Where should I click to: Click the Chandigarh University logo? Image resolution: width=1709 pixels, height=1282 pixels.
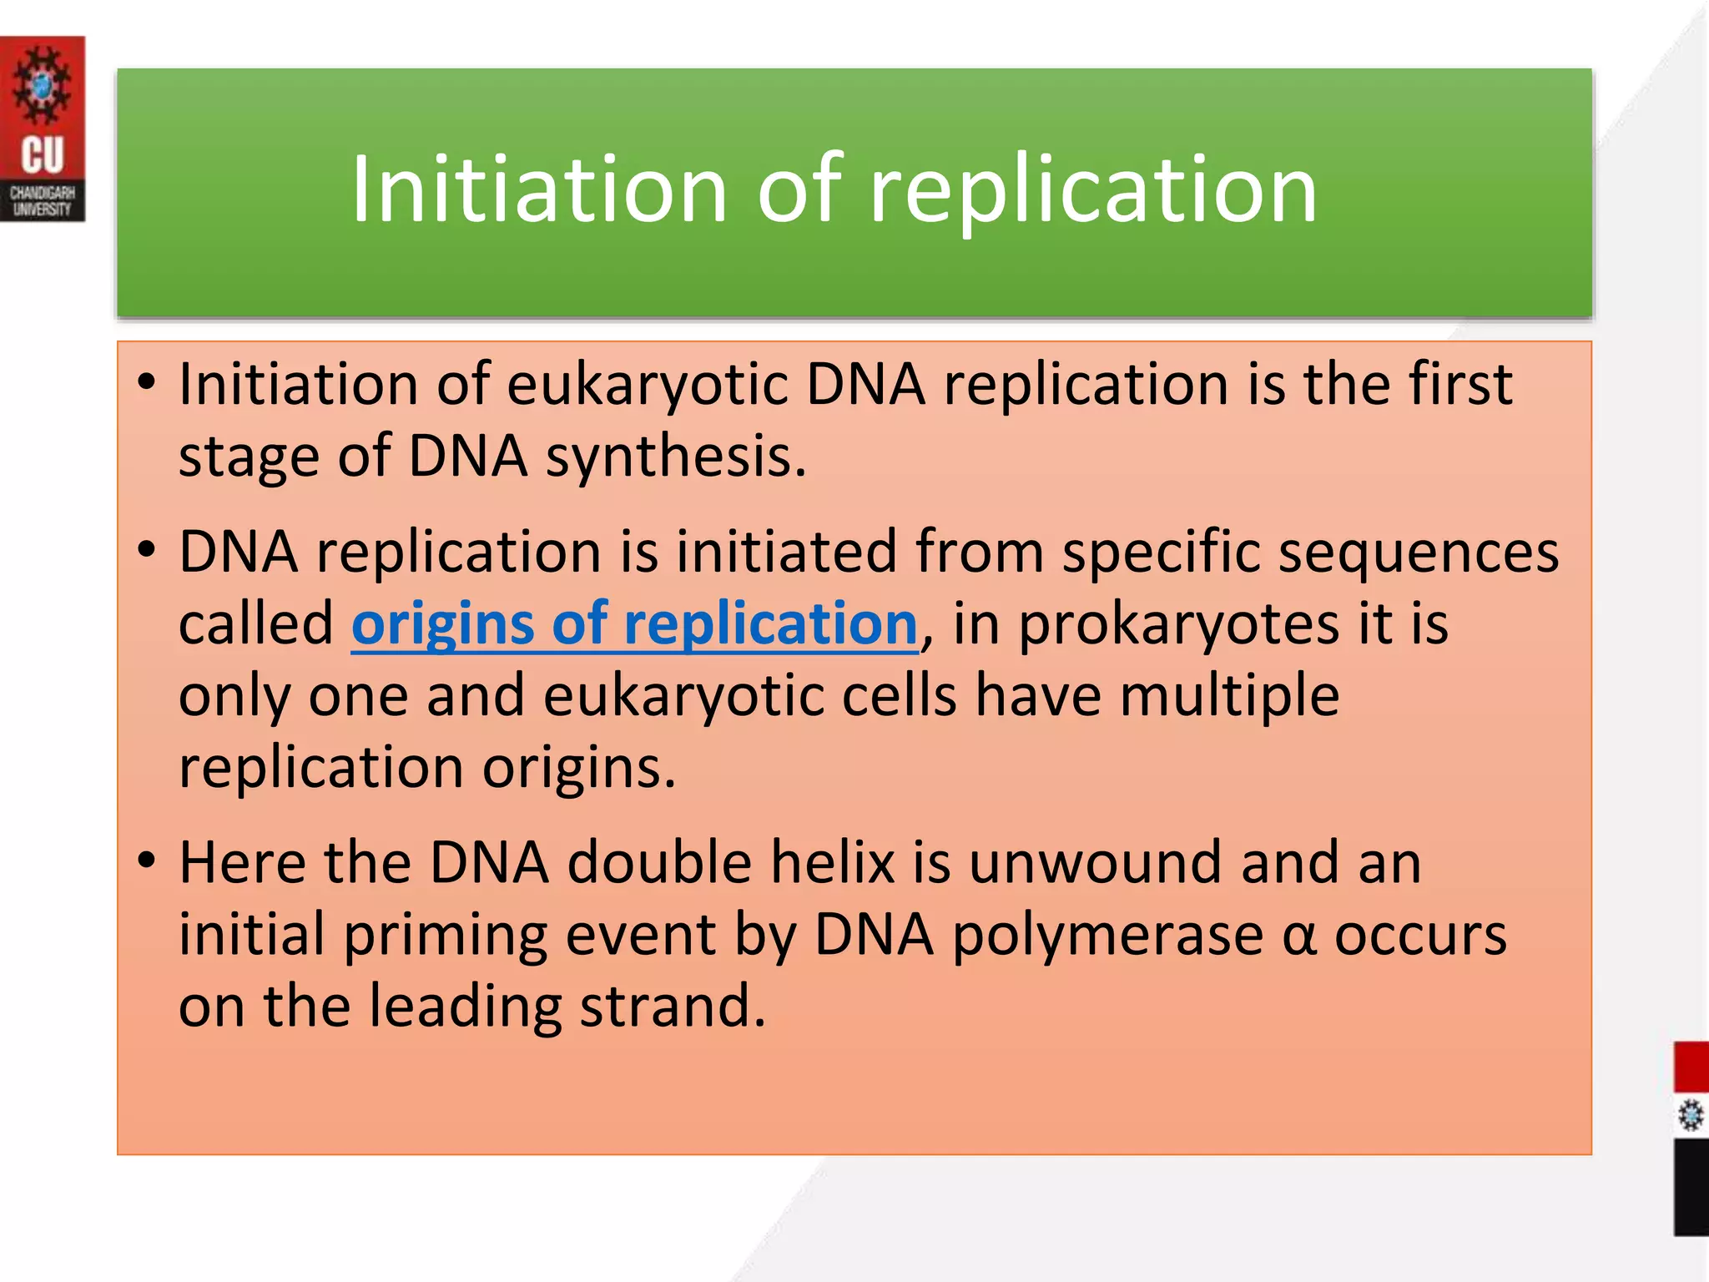coord(42,129)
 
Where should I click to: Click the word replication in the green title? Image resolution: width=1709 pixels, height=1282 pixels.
coord(1093,189)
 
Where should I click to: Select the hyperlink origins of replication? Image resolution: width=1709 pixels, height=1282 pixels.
coord(634,624)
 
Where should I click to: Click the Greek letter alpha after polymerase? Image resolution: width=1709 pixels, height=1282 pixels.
coord(1298,936)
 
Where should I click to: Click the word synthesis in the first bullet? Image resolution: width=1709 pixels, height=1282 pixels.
coord(676,457)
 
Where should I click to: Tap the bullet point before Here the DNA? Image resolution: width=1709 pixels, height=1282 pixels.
coord(147,860)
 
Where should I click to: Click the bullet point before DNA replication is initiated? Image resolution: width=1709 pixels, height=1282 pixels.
coord(147,550)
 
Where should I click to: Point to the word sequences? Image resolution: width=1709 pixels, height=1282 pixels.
coord(1419,553)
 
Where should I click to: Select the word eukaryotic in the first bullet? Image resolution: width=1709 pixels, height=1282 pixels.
coord(647,386)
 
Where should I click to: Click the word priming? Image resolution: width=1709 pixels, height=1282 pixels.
coord(446,936)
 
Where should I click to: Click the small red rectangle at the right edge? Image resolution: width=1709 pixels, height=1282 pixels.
coord(1691,1066)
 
